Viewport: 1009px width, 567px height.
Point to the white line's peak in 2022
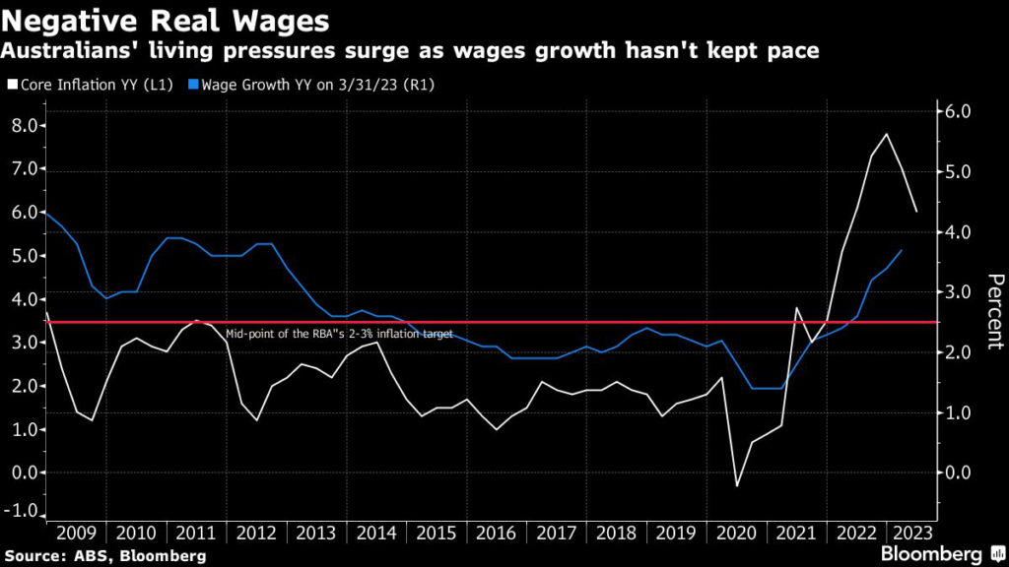click(x=887, y=134)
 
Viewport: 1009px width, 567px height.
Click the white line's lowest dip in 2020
click(x=735, y=485)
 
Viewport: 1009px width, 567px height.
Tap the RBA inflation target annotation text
click(x=339, y=334)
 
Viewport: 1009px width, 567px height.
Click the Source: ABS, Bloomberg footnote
click(x=104, y=556)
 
